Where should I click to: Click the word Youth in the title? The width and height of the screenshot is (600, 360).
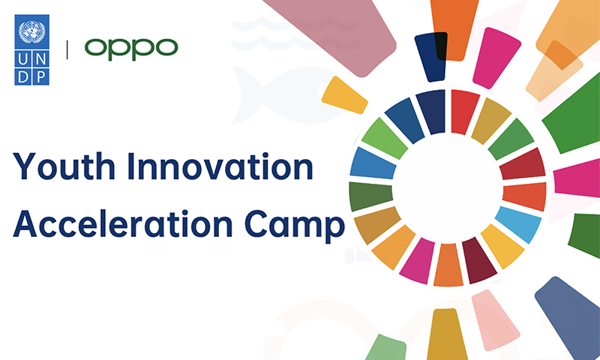coord(64,166)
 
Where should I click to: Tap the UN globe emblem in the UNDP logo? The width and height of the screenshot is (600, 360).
coord(31,32)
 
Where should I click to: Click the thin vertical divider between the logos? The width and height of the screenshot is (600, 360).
coord(67,49)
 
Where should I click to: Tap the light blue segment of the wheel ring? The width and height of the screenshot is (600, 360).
coord(518,224)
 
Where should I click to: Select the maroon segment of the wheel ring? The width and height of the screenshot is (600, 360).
coord(478,260)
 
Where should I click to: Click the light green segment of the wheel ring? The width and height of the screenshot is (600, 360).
coord(384,139)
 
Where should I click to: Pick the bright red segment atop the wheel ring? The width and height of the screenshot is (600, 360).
coord(464,111)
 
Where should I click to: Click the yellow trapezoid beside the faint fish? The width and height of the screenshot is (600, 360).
coord(344,95)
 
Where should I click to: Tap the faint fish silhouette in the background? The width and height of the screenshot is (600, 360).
coord(283,96)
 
